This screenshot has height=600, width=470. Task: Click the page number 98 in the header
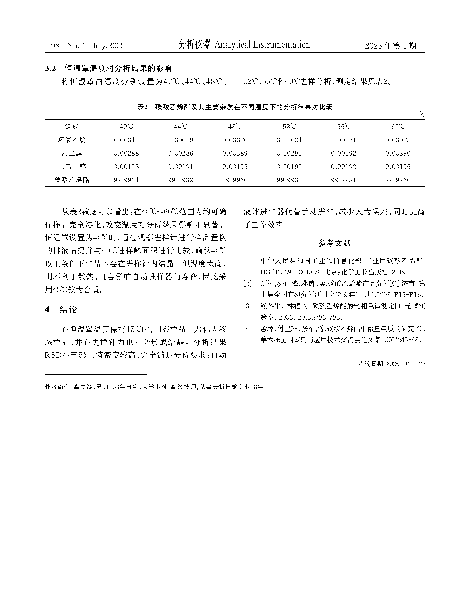[x=55, y=46]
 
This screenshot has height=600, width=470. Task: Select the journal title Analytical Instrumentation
[x=262, y=45]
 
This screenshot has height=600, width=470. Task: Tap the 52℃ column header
[x=289, y=127]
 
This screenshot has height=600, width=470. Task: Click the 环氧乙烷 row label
[x=72, y=140]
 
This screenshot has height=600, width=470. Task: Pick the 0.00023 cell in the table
[x=398, y=140]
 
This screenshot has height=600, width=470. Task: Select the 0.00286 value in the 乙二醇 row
[x=180, y=153]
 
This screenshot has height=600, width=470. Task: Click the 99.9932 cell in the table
[x=180, y=180]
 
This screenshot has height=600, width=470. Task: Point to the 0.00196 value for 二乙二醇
[x=398, y=167]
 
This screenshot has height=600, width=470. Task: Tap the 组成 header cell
[x=72, y=127]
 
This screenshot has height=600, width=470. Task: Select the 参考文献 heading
[x=334, y=243]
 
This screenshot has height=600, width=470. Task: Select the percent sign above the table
[x=422, y=114]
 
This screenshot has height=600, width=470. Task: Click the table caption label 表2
[x=143, y=107]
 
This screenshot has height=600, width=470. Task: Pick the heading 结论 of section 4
[x=68, y=309]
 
